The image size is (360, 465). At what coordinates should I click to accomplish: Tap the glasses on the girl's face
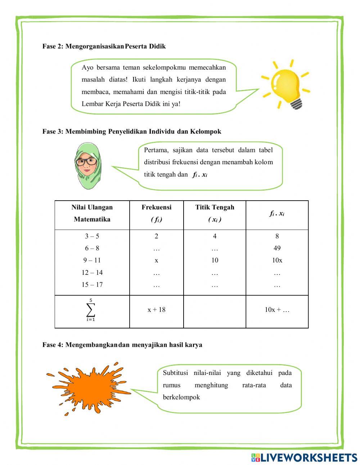(87, 161)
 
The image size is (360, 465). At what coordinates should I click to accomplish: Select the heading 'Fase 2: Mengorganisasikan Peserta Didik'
(104, 46)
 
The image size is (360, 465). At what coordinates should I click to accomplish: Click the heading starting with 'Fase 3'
(132, 131)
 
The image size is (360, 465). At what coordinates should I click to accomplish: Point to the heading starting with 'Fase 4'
(122, 345)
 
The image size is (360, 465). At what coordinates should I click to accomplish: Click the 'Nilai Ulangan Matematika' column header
(92, 213)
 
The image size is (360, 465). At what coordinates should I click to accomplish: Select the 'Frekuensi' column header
(156, 213)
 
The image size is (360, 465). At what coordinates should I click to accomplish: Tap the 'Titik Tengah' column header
(215, 213)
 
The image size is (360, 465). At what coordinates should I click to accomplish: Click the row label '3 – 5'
(92, 236)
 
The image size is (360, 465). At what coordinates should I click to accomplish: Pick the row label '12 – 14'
(92, 273)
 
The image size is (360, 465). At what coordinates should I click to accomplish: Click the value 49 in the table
(277, 248)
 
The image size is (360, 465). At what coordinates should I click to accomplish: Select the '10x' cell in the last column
(277, 260)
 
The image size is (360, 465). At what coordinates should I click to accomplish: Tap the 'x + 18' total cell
(156, 310)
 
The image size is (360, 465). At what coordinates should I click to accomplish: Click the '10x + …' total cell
(277, 310)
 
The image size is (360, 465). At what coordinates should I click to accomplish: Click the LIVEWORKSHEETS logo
(304, 457)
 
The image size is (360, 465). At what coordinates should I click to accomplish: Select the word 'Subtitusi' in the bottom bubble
(175, 373)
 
